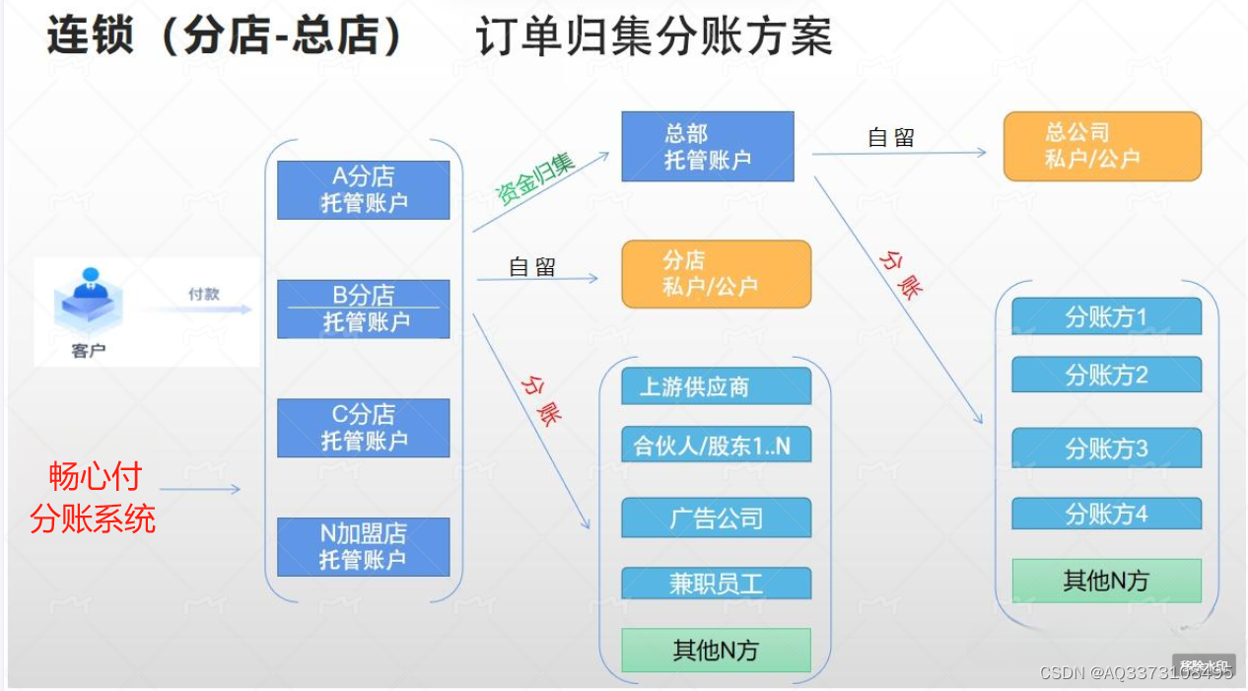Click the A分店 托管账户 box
pyautogui.click(x=363, y=189)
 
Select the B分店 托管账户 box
pyautogui.click(x=363, y=309)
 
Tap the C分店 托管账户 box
pyautogui.click(x=363, y=427)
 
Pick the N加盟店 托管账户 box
pyautogui.click(x=363, y=546)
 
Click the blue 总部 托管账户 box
pyautogui.click(x=707, y=146)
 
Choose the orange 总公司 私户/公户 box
pyautogui.click(x=1101, y=146)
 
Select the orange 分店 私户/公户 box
pyautogui.click(x=716, y=273)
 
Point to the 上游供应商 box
pyautogui.click(x=716, y=386)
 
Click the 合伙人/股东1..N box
pyautogui.click(x=716, y=446)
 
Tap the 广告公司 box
pyautogui.click(x=716, y=518)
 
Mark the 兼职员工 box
pyautogui.click(x=716, y=583)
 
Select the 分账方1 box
pyautogui.click(x=1106, y=316)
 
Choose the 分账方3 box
pyautogui.click(x=1106, y=449)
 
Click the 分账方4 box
pyautogui.click(x=1106, y=514)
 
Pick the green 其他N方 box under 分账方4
pyautogui.click(x=1106, y=581)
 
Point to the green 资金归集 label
pyautogui.click(x=534, y=178)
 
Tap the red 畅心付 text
pyautogui.click(x=96, y=477)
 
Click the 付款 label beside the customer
pyautogui.click(x=204, y=294)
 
